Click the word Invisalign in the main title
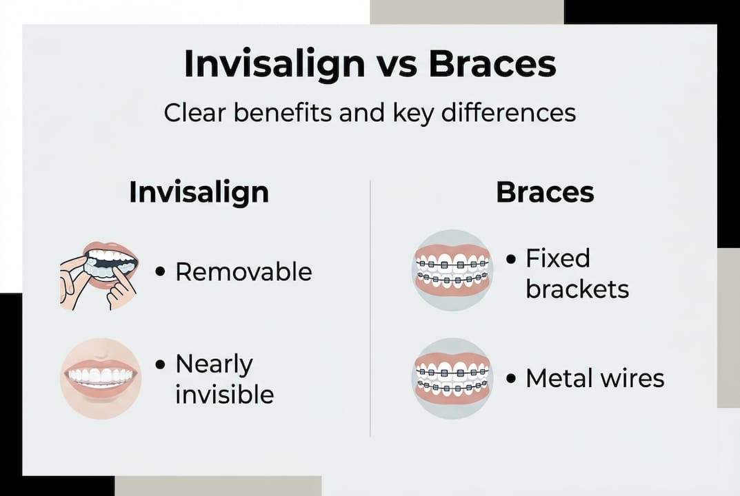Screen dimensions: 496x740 tap(273, 64)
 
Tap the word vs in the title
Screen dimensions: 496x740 tap(396, 64)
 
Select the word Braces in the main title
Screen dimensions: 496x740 tap(492, 64)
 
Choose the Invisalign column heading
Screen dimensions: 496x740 tap(199, 193)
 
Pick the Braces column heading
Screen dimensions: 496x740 tap(545, 193)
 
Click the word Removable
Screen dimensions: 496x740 tap(243, 271)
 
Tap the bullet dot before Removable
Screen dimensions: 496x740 tap(160, 272)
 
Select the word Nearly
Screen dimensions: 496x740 tap(214, 364)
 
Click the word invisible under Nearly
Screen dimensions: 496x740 tap(224, 395)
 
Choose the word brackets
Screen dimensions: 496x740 tap(577, 289)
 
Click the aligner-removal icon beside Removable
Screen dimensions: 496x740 tap(99, 275)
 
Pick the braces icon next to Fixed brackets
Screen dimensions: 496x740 tap(452, 270)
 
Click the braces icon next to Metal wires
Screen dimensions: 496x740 tap(452, 378)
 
